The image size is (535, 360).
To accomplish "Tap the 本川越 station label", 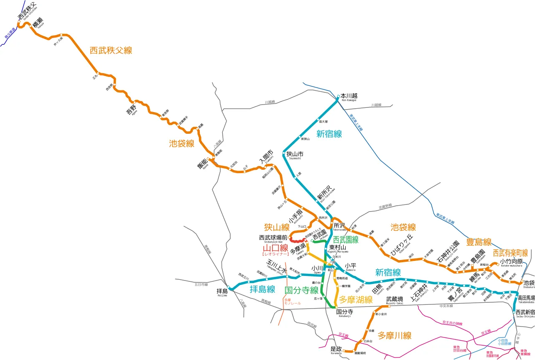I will (349, 95).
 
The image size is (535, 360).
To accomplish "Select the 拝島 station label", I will (222, 291).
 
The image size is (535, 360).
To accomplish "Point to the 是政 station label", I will (336, 349).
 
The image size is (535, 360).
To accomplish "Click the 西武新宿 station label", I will (525, 312).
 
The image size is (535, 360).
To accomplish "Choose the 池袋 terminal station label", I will (529, 283).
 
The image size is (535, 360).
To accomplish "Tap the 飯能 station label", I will (203, 163).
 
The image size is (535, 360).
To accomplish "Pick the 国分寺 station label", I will (344, 311).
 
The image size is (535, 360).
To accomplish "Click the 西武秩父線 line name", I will (111, 50).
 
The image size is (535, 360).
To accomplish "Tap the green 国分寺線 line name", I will (301, 290).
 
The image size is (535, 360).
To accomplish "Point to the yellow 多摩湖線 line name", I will (356, 299).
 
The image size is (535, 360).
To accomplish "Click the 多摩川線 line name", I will (395, 335).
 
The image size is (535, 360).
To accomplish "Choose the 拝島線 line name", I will (262, 289).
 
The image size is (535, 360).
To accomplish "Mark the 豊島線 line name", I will (479, 242).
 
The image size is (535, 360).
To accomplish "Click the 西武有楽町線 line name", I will (510, 253).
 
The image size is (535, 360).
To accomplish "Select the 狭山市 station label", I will (295, 153).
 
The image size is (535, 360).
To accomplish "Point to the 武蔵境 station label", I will (395, 299).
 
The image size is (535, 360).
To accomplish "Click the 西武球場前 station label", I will (273, 237).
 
